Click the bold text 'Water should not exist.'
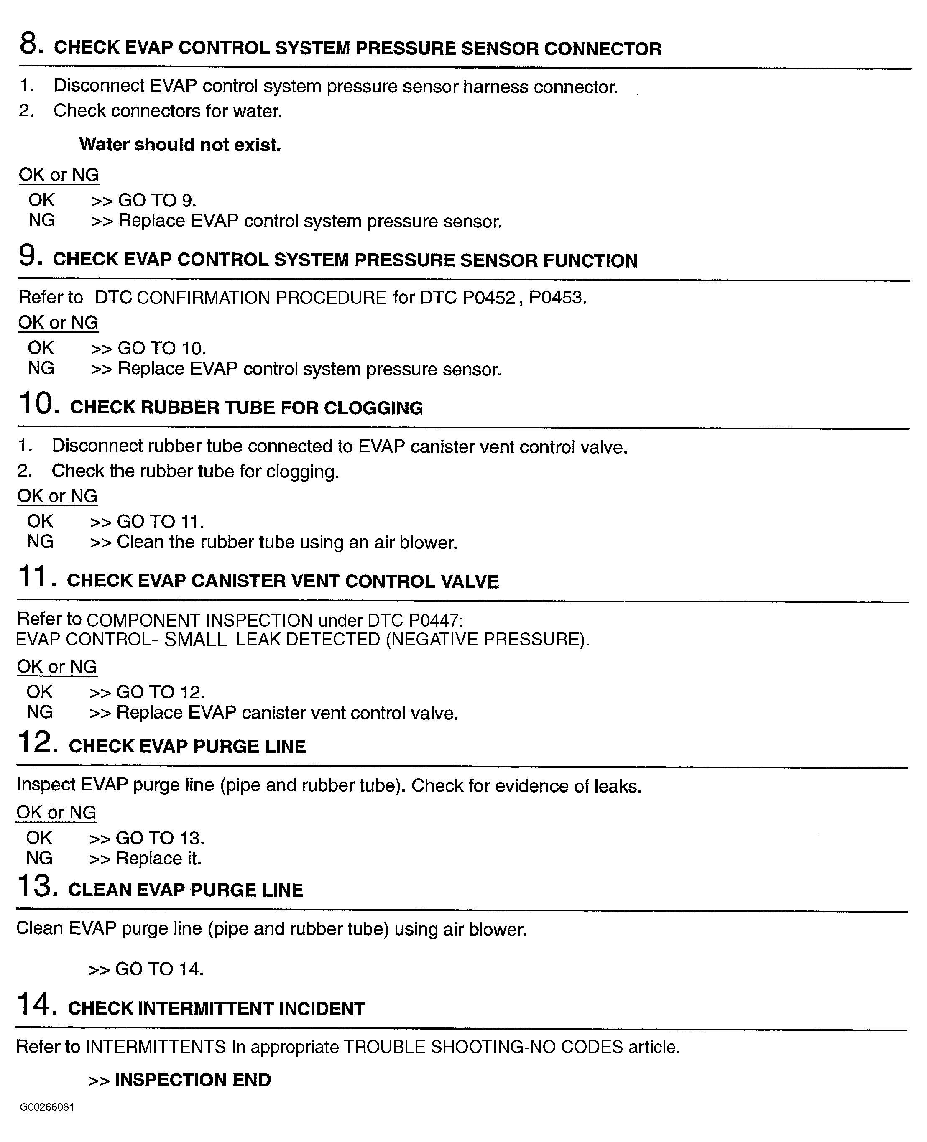pos(180,145)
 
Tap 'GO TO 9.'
pos(157,200)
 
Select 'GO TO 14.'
pos(159,969)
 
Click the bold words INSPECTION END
pos(193,1080)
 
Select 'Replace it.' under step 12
pos(158,859)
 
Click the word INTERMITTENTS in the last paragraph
pos(156,1046)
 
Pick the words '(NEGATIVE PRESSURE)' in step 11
pos(488,640)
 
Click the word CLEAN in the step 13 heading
pos(99,890)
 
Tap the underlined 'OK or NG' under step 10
pos(57,496)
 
